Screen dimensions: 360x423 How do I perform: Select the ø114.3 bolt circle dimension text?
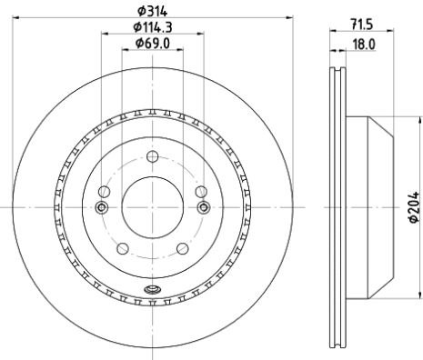151,26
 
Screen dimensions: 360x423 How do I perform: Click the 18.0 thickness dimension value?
347,43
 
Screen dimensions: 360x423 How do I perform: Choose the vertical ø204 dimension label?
415,210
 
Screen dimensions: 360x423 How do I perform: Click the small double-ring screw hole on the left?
102,208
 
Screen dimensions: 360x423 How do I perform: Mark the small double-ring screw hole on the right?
202,208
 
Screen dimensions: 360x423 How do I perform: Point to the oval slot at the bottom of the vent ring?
152,291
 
